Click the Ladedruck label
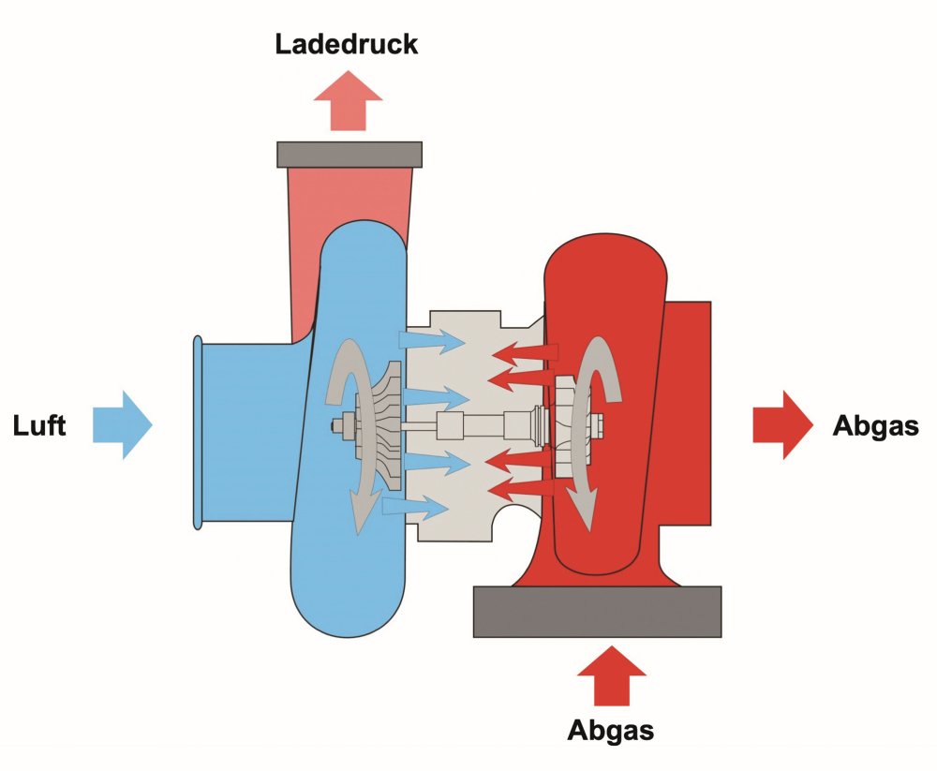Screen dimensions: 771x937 (347, 44)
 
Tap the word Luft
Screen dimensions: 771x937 (39, 425)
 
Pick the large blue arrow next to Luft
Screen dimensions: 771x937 (122, 425)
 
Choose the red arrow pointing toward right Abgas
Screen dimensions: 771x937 (783, 425)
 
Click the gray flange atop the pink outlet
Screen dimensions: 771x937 (350, 154)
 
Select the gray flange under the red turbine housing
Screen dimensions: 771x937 (597, 612)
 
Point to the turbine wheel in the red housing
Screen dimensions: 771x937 (567, 425)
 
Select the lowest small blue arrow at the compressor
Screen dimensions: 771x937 (416, 508)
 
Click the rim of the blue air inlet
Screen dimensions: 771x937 (197, 431)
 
